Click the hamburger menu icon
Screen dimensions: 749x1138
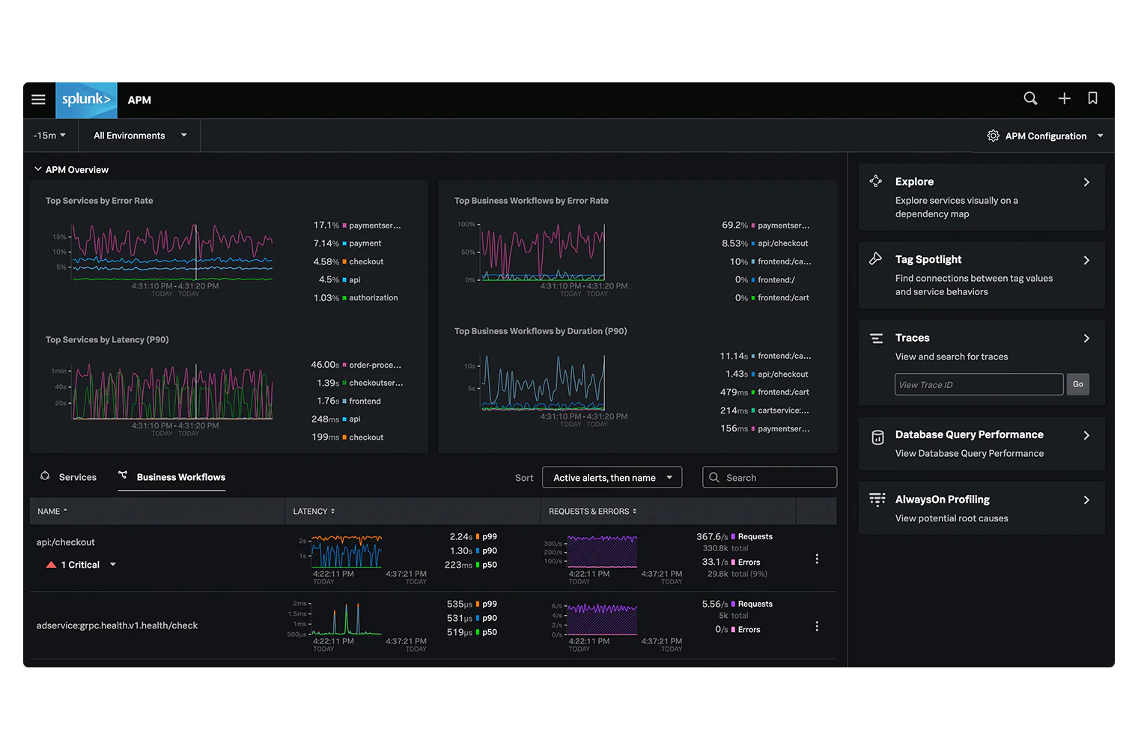[x=39, y=100]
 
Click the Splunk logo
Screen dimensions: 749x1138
[x=86, y=100]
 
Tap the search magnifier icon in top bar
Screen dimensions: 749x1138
[x=1030, y=99]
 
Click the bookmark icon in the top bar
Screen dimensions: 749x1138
[x=1092, y=99]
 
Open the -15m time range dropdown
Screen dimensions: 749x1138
[x=49, y=136]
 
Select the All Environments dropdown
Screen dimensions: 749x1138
[x=139, y=136]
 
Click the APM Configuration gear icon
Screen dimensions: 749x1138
[x=993, y=136]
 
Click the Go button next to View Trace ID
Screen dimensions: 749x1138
[x=1077, y=384]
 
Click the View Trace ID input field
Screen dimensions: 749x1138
[x=978, y=384]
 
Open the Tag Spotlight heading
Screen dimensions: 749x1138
[x=928, y=259]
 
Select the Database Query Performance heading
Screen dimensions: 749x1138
[x=969, y=434]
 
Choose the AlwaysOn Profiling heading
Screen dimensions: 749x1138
[x=942, y=500]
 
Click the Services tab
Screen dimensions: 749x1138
[x=77, y=477]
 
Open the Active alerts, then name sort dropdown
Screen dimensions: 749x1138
[x=612, y=478]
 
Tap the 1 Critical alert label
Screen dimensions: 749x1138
[x=80, y=565]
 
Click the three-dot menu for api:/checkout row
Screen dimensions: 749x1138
[x=816, y=559]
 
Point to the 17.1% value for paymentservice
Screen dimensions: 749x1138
[x=326, y=225]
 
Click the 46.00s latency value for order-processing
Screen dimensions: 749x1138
[x=325, y=365]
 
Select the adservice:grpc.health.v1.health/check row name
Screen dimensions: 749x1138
[x=117, y=625]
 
